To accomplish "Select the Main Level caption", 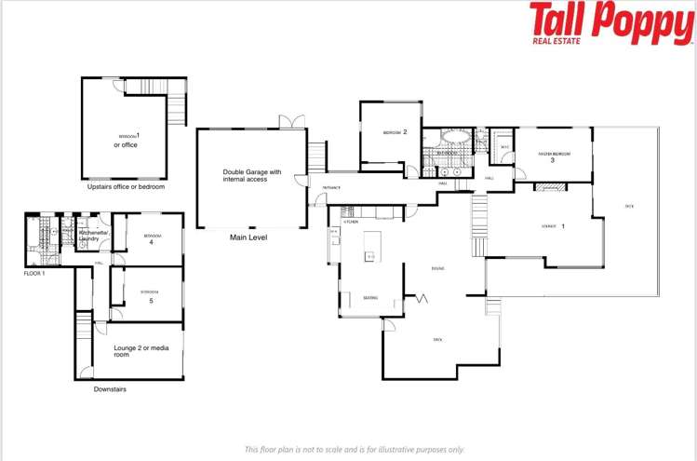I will coord(248,237).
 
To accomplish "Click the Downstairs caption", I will coord(110,389).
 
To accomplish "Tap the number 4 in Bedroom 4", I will coord(150,242).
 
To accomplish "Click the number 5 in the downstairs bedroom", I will coord(152,300).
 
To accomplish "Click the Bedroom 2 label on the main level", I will coord(396,133).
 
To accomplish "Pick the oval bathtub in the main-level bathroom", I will coord(455,136).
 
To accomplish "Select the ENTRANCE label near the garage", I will coord(332,187).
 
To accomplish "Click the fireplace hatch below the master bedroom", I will coord(549,186).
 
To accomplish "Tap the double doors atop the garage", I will coord(290,122).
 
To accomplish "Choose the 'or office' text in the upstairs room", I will coord(126,144).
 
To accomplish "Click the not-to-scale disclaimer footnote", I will coord(354,449).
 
